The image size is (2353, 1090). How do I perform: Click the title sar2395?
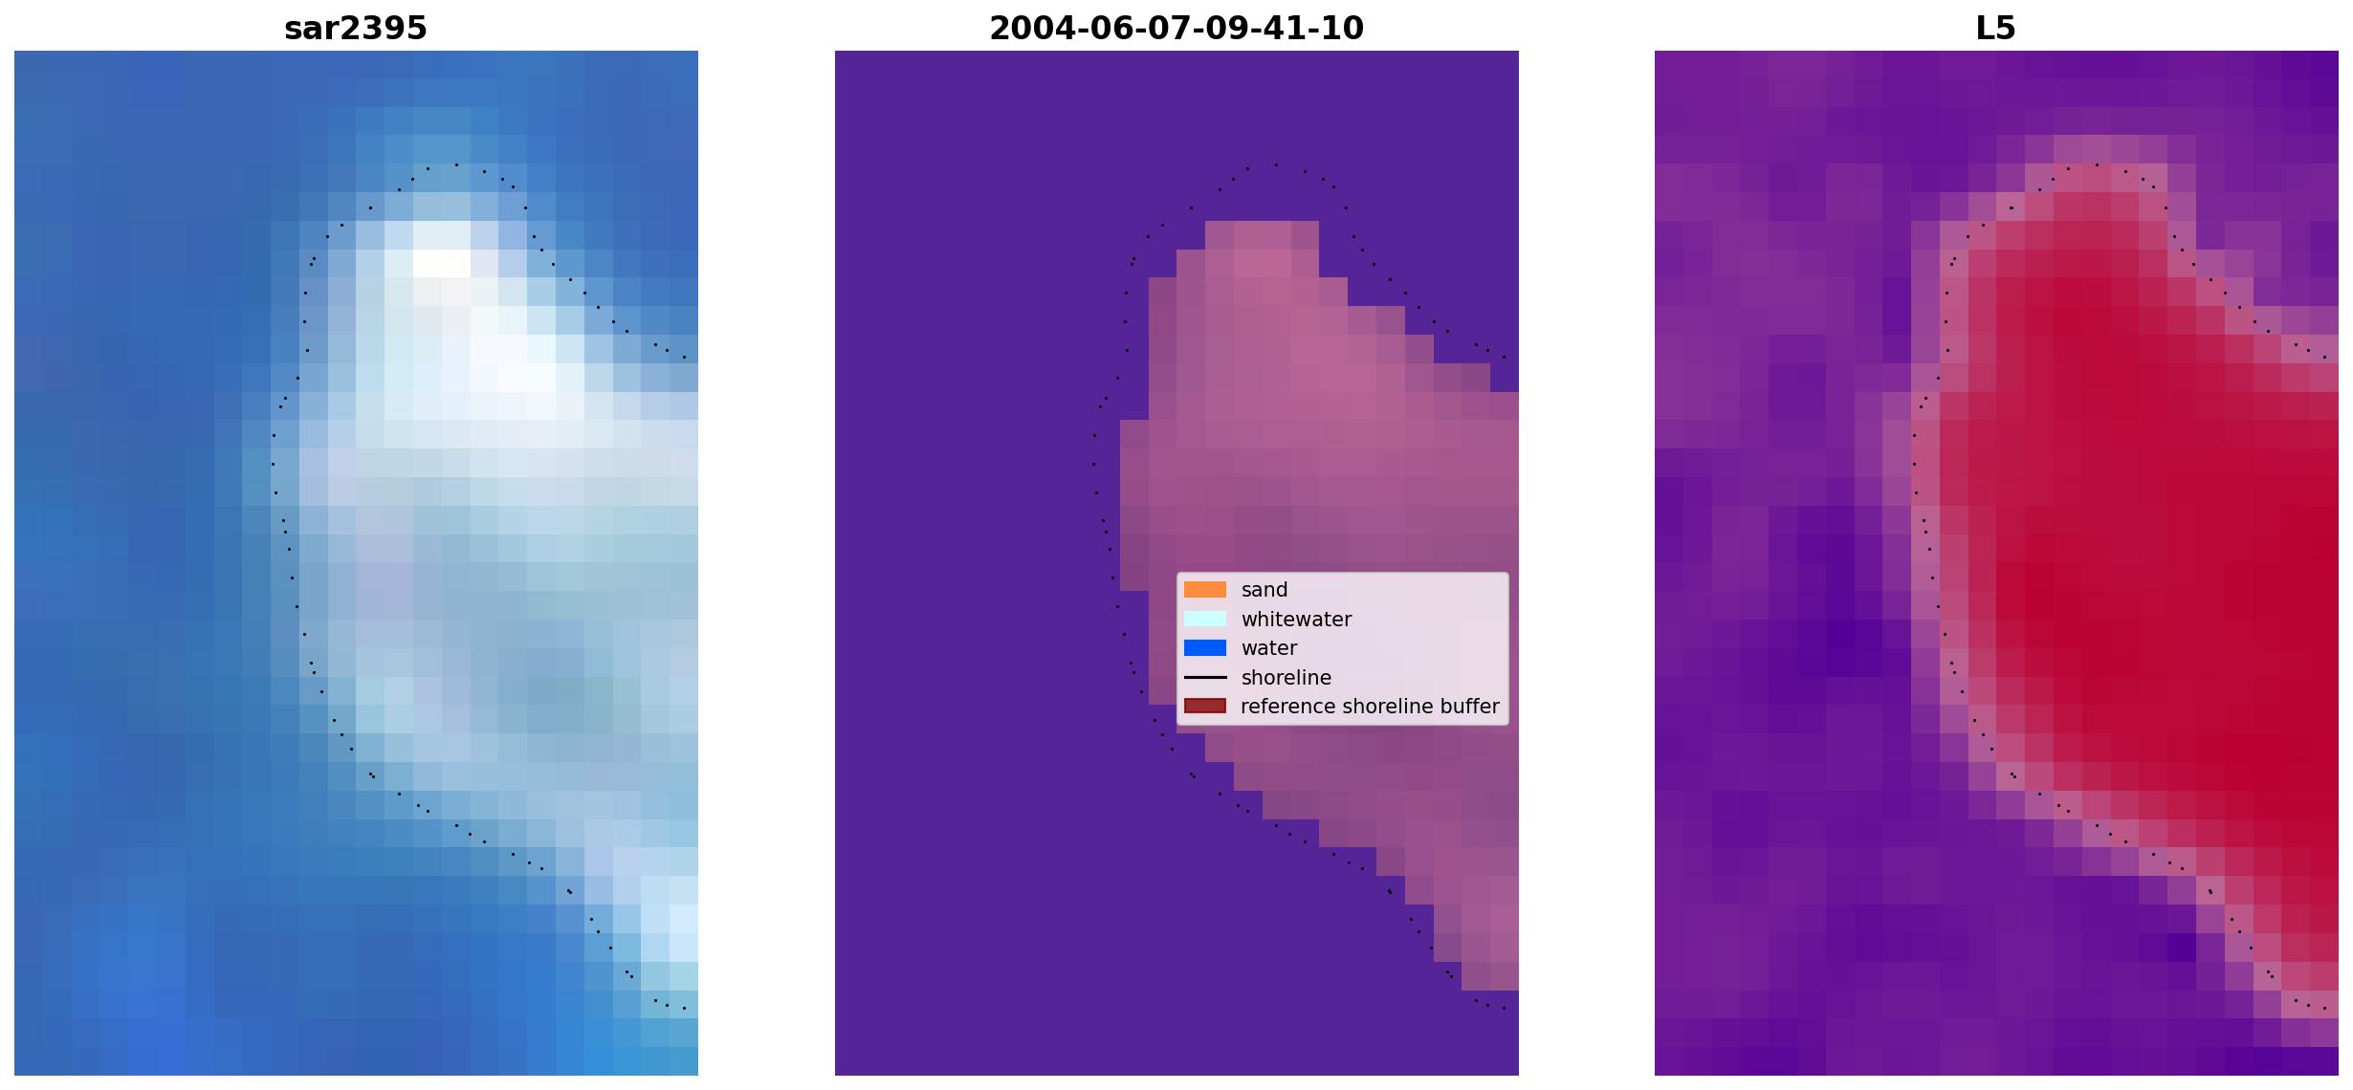tap(356, 29)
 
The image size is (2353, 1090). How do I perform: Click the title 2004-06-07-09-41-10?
tap(1176, 29)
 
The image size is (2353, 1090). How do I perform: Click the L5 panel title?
tap(1996, 29)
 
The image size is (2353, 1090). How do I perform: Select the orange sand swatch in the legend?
tap(1205, 590)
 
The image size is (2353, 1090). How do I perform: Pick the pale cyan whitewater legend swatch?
tap(1205, 620)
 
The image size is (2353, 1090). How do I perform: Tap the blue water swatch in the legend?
tap(1205, 648)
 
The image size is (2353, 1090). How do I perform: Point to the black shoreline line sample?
tap(1205, 678)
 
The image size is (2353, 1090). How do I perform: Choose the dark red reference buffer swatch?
tap(1205, 707)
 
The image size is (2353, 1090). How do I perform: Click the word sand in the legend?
tap(1264, 590)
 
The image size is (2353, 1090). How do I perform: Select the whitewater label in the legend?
tap(1296, 620)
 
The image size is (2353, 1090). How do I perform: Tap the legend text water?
tap(1269, 648)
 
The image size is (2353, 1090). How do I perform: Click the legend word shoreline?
tap(1286, 678)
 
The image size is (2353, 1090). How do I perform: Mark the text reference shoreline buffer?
tap(1370, 707)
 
